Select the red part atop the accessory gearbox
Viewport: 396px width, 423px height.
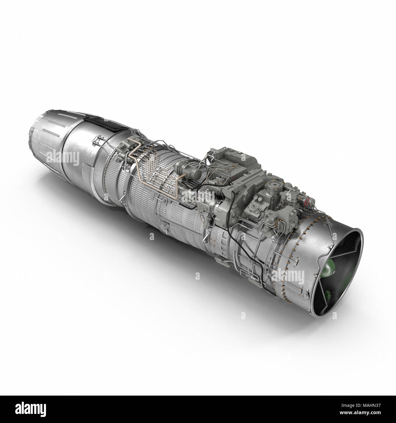coord(310,201)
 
